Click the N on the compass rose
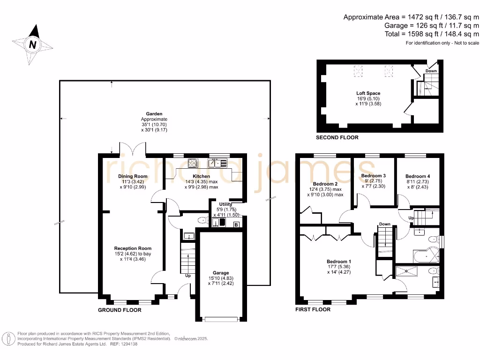coord(32,45)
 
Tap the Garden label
coord(154,114)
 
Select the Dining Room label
coord(133,176)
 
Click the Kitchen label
coord(202,176)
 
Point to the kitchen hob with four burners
coord(193,163)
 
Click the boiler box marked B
coord(236,225)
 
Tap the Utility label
coord(225,204)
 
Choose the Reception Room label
coord(133,248)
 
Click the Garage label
coord(221,273)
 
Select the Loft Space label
coord(368,93)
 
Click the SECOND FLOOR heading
coord(337,138)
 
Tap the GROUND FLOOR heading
coord(120,310)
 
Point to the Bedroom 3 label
coord(374,176)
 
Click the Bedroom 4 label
coord(418,176)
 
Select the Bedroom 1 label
coord(339,262)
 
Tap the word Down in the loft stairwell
coord(431,71)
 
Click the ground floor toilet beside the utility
coord(202,220)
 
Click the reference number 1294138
coord(130,344)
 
